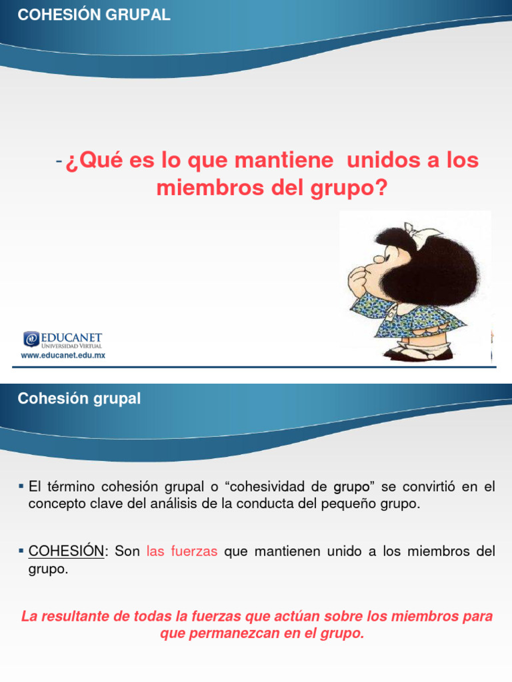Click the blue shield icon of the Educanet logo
[30, 339]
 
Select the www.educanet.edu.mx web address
[63, 356]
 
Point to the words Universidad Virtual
[71, 346]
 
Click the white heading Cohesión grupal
[79, 399]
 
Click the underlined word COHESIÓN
[66, 551]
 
